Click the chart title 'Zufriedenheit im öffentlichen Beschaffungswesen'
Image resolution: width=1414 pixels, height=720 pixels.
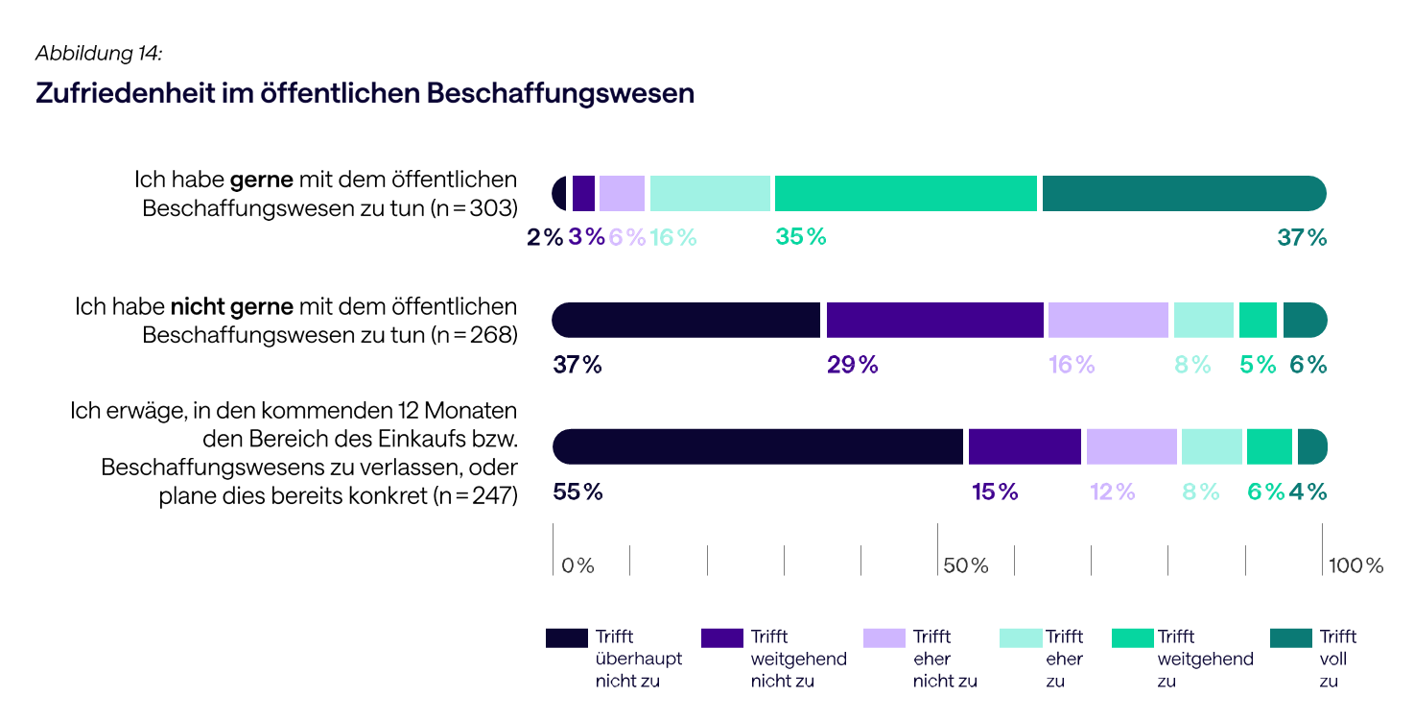pyautogui.click(x=365, y=93)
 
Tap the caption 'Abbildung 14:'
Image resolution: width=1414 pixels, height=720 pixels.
pyautogui.click(x=99, y=54)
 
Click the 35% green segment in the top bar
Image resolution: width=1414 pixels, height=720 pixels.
pyautogui.click(x=906, y=193)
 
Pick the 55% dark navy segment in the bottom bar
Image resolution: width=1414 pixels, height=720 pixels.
pyautogui.click(x=758, y=446)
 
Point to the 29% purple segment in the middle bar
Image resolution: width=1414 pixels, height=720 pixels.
pyautogui.click(x=934, y=320)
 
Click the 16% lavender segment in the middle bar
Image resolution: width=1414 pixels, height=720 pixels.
pyautogui.click(x=1108, y=320)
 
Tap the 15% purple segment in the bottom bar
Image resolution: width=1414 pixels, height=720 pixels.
pyautogui.click(x=1025, y=446)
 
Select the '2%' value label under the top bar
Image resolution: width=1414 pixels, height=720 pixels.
pyautogui.click(x=545, y=237)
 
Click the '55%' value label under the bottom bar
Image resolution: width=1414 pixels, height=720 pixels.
pyautogui.click(x=577, y=492)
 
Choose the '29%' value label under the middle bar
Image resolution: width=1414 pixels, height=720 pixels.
pyautogui.click(x=852, y=365)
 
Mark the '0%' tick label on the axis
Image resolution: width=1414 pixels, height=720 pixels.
pyautogui.click(x=577, y=565)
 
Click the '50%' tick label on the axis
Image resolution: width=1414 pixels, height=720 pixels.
pyautogui.click(x=965, y=565)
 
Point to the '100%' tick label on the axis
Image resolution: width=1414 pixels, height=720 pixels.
pyautogui.click(x=1355, y=565)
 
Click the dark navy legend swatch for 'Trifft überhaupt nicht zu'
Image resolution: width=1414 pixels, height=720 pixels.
pyautogui.click(x=566, y=638)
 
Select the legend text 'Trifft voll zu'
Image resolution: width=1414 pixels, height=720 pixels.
pyautogui.click(x=1338, y=659)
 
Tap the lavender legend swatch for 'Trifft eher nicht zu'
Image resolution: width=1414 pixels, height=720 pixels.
pyautogui.click(x=884, y=638)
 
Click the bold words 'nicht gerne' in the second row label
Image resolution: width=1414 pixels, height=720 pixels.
pyautogui.click(x=232, y=307)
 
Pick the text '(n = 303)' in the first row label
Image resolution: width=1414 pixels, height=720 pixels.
pyautogui.click(x=473, y=208)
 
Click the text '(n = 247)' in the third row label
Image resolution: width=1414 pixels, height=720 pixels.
pyautogui.click(x=474, y=495)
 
